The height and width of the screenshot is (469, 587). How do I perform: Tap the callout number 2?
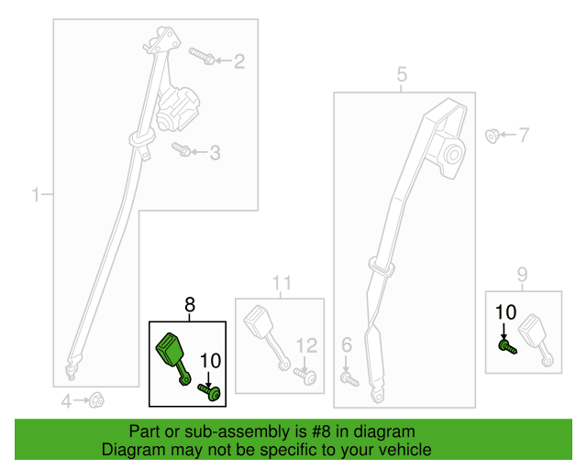point(239,62)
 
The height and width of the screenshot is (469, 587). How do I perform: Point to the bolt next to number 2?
point(204,57)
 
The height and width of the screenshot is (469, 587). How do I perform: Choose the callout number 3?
point(215,153)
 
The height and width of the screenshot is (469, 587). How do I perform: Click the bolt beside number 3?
point(181,147)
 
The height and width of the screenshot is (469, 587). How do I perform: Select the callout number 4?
point(66,400)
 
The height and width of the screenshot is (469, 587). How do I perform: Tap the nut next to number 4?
point(95,399)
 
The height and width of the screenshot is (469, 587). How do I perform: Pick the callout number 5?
point(402,75)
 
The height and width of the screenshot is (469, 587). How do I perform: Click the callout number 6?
point(347,344)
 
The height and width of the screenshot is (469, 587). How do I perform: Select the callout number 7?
point(524,136)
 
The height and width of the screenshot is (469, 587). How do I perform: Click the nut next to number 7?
point(492,136)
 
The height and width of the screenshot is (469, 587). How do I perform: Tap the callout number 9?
point(522,274)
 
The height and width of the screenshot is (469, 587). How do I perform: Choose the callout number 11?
point(281,282)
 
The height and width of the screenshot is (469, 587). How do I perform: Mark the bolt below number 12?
point(306,376)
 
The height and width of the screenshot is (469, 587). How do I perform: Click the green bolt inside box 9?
point(505,347)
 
